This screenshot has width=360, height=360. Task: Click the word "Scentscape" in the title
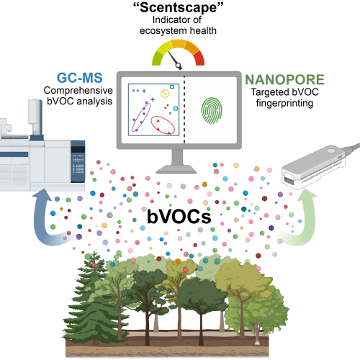tap(178, 7)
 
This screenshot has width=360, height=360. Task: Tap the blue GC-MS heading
tap(80, 78)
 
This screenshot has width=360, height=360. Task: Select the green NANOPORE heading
tap(284, 79)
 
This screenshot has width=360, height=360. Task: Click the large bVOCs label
tap(179, 217)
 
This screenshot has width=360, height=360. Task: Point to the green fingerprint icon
tap(212, 110)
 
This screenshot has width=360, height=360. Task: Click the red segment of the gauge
tap(199, 58)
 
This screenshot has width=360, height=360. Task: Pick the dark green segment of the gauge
tap(157, 58)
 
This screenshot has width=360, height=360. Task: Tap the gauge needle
tap(174, 59)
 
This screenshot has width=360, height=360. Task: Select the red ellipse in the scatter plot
tap(163, 125)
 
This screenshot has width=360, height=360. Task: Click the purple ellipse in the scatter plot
tap(141, 117)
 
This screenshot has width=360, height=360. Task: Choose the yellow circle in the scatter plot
tap(165, 93)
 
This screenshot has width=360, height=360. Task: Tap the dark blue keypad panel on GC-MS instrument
tap(78, 161)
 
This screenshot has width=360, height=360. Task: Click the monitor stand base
tap(176, 169)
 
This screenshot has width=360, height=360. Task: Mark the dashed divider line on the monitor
tap(184, 110)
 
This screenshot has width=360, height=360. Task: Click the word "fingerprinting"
tap(284, 103)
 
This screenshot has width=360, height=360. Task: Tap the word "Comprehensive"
tap(78, 91)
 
